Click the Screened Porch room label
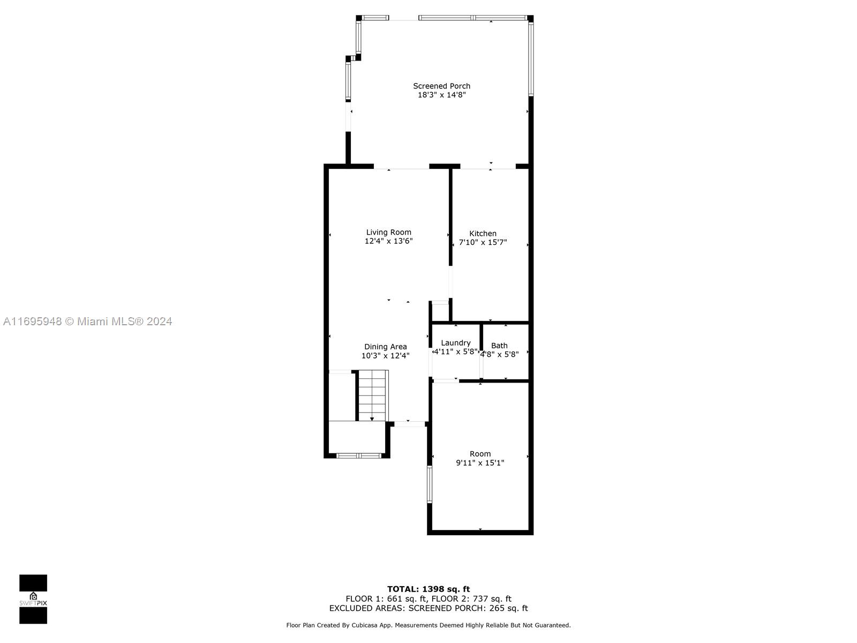pos(441,86)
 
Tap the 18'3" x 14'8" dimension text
pos(441,95)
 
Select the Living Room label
pos(388,233)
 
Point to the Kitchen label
pos(483,234)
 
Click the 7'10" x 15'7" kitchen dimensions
pos(483,242)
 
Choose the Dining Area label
pos(385,347)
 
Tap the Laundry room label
pos(456,343)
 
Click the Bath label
pos(499,346)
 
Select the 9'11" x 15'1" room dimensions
pos(480,462)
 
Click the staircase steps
pos(372,395)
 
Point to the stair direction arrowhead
pos(372,420)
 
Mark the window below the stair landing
pos(359,455)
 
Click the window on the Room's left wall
pos(430,484)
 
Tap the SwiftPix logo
pos(33,599)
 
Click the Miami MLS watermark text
pos(87,322)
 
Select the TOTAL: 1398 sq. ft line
pos(428,589)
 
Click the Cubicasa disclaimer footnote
pos(428,625)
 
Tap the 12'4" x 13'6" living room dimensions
pos(388,241)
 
